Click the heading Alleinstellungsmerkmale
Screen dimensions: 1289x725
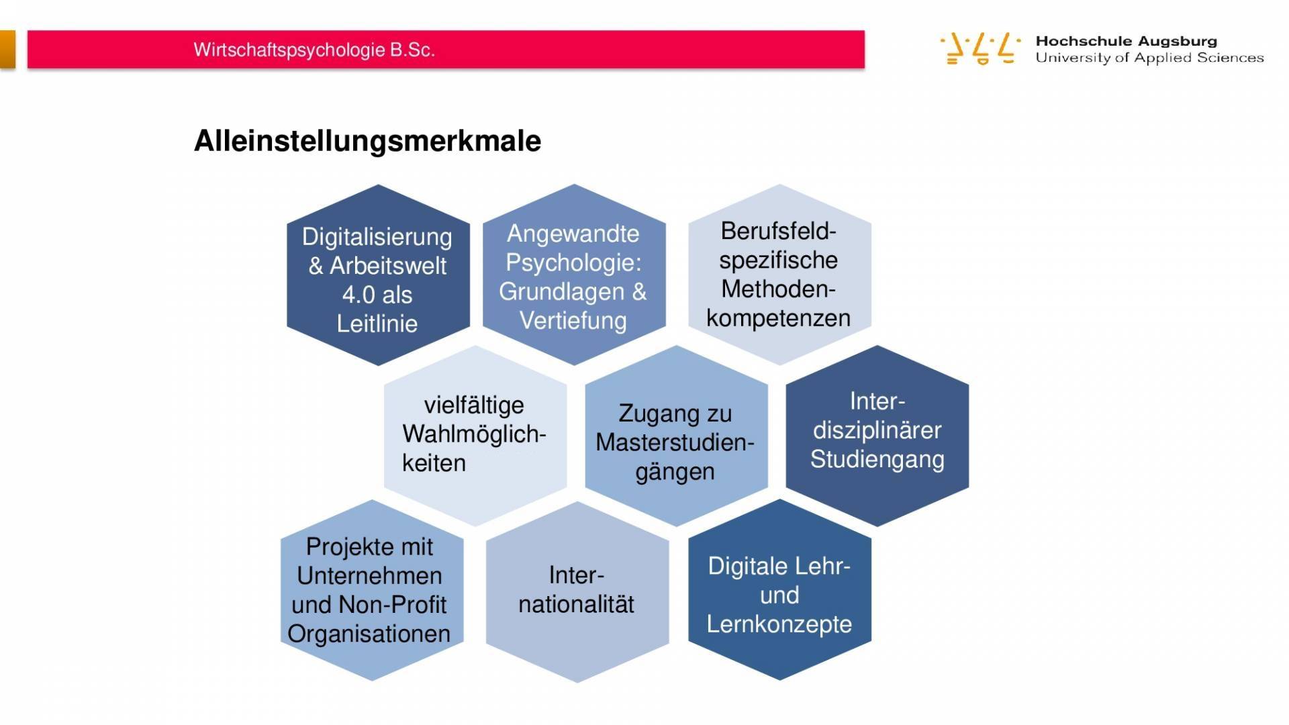point(367,141)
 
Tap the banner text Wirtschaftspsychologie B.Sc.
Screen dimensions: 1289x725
point(314,50)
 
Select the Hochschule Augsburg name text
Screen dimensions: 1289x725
point(1126,41)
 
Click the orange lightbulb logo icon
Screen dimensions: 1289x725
point(980,48)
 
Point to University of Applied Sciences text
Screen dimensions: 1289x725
point(1149,58)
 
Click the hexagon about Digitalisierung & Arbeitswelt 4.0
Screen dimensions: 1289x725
point(378,275)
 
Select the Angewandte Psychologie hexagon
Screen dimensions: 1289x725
point(574,275)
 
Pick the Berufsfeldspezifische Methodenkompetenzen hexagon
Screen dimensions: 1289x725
point(779,275)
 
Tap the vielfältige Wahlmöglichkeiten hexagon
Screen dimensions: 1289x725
point(475,436)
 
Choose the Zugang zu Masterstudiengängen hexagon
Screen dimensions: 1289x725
point(676,436)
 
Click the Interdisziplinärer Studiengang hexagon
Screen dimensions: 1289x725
point(877,436)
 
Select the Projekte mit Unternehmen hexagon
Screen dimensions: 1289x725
point(372,590)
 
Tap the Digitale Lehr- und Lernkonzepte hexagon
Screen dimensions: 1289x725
point(779,590)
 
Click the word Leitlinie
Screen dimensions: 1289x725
point(377,324)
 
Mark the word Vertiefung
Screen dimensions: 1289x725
point(573,321)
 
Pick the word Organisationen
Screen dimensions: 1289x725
point(369,634)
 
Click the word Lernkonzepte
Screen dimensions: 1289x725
point(779,624)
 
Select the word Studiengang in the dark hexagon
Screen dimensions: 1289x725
point(877,460)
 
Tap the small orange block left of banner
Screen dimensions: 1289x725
point(7,49)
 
